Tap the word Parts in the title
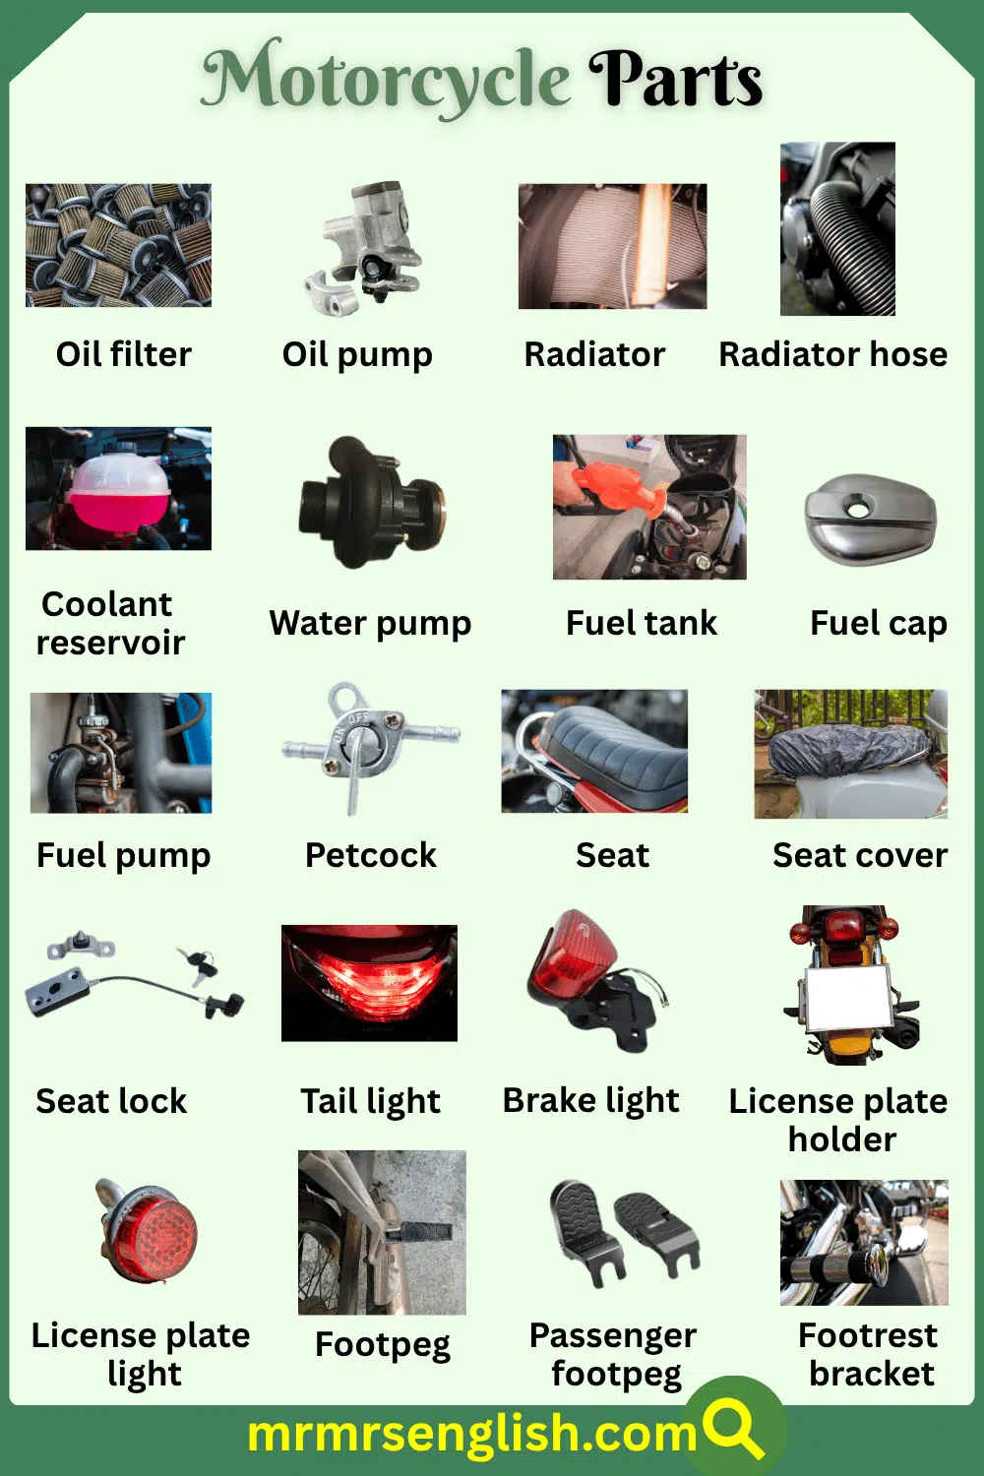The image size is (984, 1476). tap(676, 78)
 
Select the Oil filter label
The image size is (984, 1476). tap(123, 354)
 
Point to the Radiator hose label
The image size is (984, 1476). tap(833, 354)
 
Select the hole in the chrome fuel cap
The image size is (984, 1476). tap(859, 509)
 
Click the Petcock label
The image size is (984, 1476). tap(370, 855)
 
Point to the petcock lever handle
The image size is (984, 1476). tap(354, 781)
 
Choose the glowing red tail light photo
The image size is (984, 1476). tap(369, 982)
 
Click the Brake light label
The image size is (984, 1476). tap(590, 1100)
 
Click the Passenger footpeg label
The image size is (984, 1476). tap(613, 1355)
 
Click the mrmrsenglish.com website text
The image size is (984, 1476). tap(472, 1433)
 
